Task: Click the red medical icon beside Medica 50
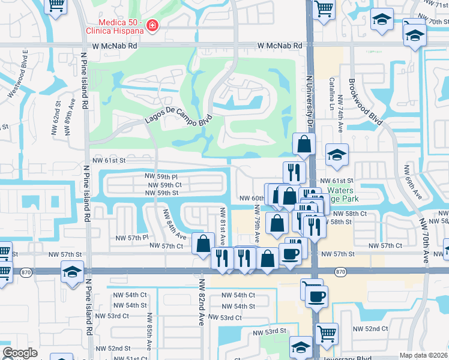[152, 26]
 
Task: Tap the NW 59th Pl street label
[161, 177]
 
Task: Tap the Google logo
[20, 353]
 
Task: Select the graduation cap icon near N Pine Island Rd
[73, 272]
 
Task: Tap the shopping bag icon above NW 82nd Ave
[203, 244]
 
